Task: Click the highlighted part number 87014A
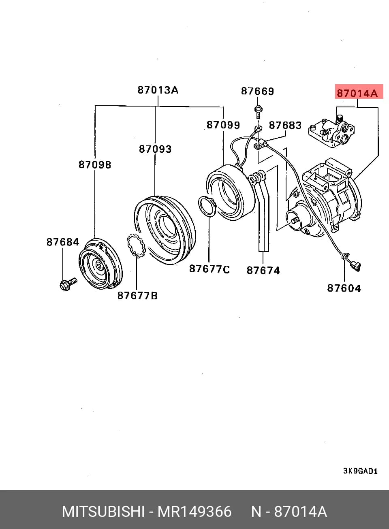(357, 93)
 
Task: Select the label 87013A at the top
(158, 90)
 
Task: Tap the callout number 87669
(257, 91)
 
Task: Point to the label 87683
(285, 126)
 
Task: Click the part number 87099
(223, 125)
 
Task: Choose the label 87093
(155, 149)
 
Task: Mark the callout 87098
(95, 165)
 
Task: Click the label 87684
(63, 242)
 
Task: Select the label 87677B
(137, 296)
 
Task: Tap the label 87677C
(209, 269)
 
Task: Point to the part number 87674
(263, 271)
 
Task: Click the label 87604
(344, 288)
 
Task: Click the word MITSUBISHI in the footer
(103, 512)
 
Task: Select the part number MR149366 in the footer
(194, 512)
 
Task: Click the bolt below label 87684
(68, 284)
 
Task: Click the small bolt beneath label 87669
(258, 112)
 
